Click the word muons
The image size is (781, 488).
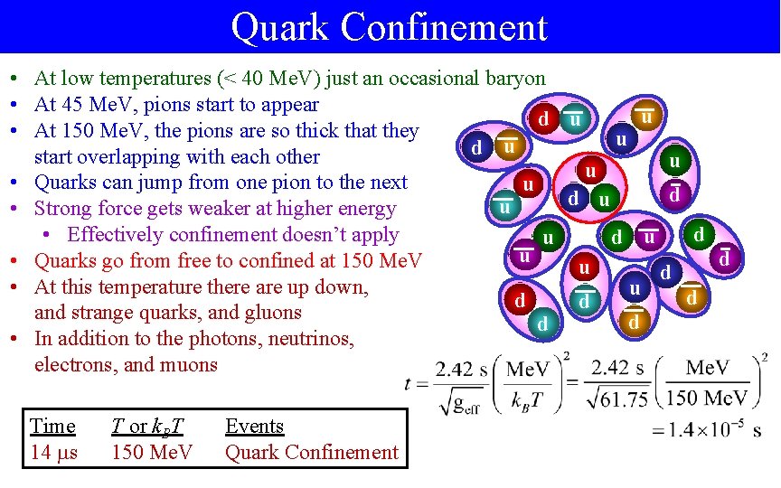tap(186, 365)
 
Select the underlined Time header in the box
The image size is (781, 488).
tap(52, 426)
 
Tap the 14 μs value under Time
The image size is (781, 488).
tap(54, 452)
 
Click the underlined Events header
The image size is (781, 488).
tap(254, 426)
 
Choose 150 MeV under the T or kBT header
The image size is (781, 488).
tap(152, 452)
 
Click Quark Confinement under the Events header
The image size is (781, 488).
tap(311, 452)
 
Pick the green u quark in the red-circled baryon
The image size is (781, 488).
tap(603, 199)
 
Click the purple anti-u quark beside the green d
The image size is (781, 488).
tap(650, 238)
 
